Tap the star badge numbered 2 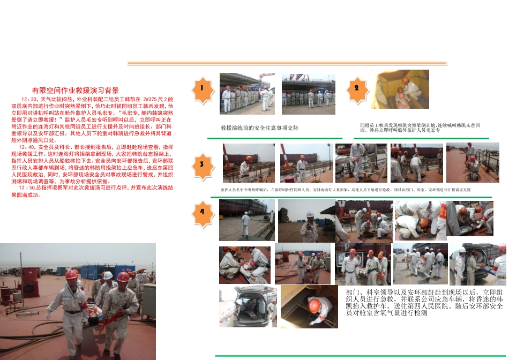tap(356, 88)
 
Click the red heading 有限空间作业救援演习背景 tap(75, 91)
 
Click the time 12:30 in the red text tap(28, 100)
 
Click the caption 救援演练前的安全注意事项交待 tap(259, 129)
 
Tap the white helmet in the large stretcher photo tap(108, 275)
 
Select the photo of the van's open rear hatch tap(248, 306)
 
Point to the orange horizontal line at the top tap(287, 63)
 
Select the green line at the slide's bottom tap(360, 356)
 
